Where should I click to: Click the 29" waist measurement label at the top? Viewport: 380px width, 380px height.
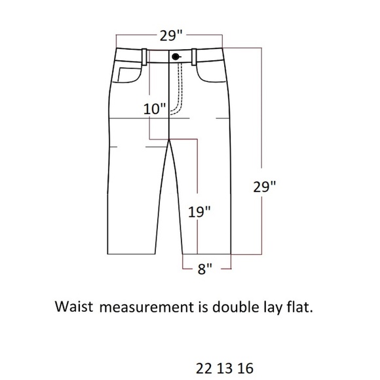(171, 36)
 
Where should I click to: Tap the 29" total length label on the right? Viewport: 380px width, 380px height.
(265, 187)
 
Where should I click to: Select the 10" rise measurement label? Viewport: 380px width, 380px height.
(155, 109)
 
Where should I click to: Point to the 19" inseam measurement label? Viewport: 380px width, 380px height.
(199, 212)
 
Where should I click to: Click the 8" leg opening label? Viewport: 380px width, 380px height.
(205, 269)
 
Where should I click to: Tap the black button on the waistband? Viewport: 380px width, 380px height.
(175, 57)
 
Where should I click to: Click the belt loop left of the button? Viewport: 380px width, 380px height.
(144, 57)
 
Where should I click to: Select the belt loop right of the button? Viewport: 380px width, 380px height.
(194, 57)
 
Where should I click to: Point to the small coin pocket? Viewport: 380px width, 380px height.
(130, 75)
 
